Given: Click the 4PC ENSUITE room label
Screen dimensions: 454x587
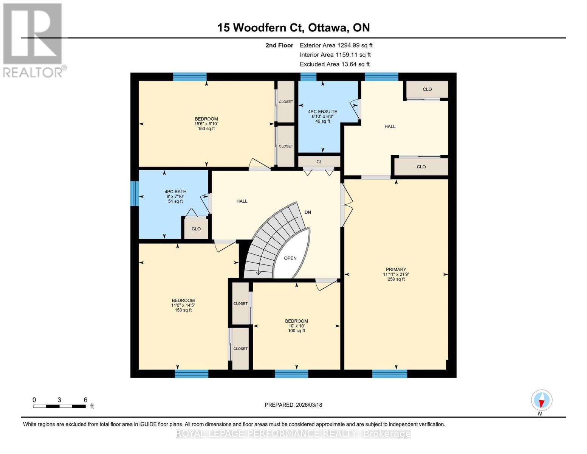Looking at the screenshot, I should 322,112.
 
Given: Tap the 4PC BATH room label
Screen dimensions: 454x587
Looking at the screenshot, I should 175,192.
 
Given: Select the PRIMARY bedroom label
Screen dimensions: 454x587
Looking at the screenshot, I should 396,269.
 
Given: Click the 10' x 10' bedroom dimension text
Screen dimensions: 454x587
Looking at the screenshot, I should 296,326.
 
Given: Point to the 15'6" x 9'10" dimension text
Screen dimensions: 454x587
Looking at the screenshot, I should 206,124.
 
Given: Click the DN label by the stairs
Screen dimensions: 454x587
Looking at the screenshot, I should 308,212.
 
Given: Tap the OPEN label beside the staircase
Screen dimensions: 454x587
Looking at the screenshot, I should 290,258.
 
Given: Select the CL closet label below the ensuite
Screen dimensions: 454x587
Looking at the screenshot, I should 319,162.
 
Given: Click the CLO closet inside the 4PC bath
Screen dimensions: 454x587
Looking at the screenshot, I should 196,229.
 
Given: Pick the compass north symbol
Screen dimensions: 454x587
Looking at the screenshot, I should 542,400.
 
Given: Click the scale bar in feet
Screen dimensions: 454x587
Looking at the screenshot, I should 59,406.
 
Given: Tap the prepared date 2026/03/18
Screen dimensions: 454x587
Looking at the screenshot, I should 293,405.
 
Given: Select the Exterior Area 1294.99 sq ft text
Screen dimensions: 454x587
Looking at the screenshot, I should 336,45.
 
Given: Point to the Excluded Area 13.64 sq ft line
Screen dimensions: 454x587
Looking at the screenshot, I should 335,64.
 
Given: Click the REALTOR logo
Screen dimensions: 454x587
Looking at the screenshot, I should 33,40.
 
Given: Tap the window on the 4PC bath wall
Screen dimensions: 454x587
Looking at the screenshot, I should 135,193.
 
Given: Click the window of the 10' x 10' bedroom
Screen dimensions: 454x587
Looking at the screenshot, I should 291,374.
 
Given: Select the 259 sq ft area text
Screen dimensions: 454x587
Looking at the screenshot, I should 396,279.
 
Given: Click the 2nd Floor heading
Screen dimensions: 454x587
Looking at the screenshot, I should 279,45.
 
